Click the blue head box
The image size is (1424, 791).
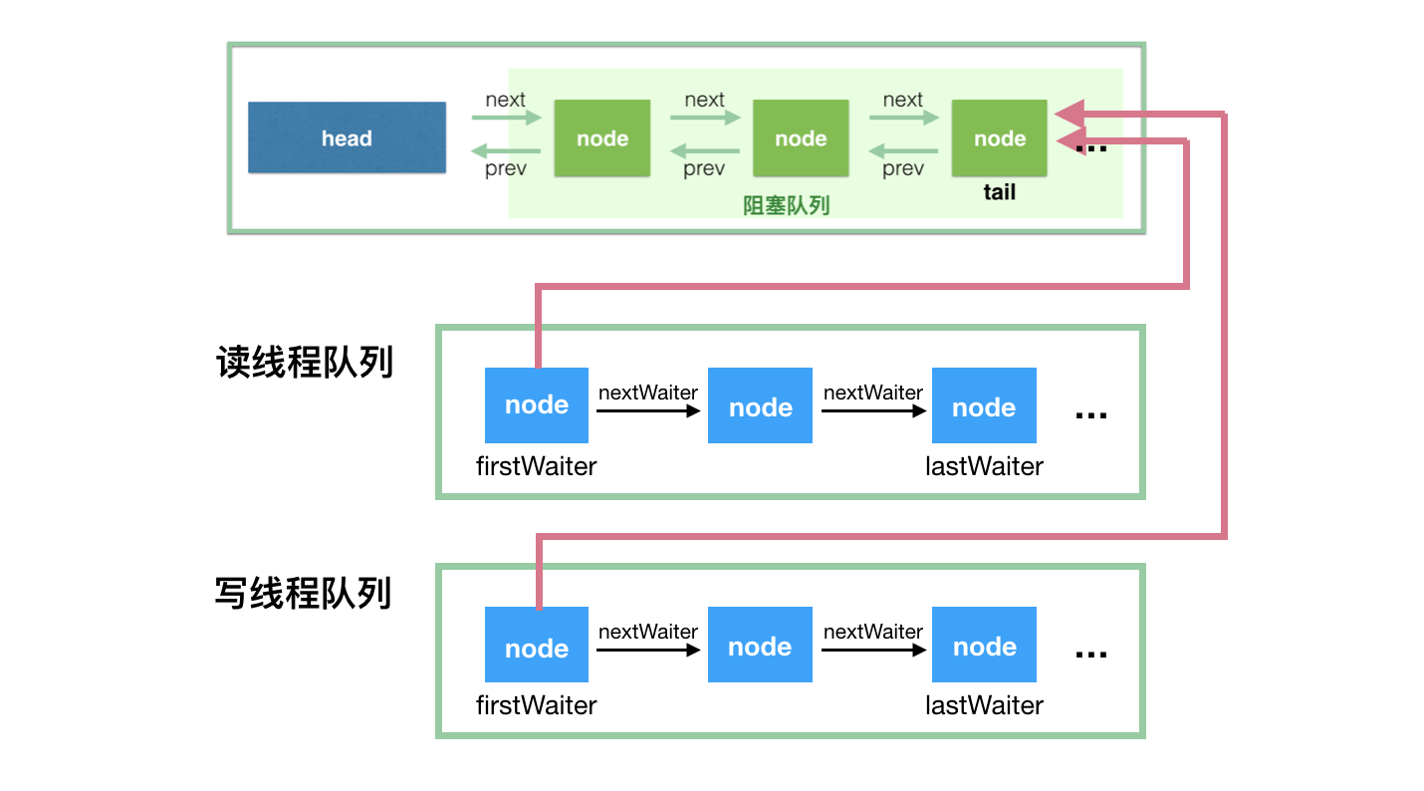346,137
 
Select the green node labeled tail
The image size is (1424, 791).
999,137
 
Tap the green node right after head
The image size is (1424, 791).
601,137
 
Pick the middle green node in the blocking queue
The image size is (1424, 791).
801,137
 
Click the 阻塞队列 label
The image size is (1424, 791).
787,205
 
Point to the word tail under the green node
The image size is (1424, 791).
999,192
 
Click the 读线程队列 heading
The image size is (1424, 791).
305,363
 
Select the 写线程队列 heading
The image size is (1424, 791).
303,594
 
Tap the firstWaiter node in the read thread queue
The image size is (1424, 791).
536,405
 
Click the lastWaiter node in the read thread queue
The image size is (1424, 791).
983,406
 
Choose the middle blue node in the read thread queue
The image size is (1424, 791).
760,406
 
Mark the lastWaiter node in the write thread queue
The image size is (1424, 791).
983,646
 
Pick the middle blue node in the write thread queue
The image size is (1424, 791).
760,646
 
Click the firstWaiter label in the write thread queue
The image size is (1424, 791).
536,705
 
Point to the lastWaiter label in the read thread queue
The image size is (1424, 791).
984,466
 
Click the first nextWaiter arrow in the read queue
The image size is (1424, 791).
647,409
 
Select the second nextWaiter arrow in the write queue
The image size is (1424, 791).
872,650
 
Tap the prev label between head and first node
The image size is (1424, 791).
506,169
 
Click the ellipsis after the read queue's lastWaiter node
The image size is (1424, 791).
1091,413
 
